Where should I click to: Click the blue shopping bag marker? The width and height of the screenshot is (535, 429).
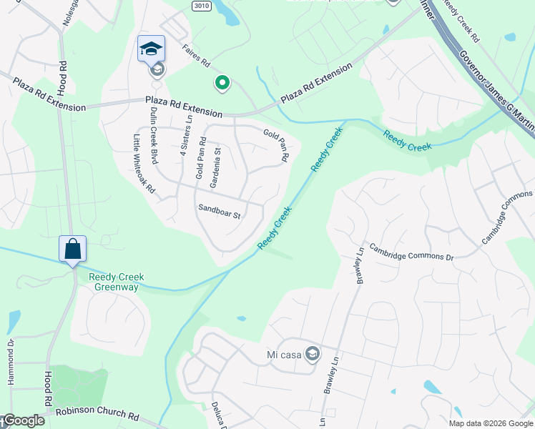click(72, 250)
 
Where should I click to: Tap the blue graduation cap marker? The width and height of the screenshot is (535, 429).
click(151, 49)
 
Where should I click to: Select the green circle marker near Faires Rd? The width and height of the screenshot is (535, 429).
click(222, 84)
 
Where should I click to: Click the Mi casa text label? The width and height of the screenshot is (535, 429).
click(281, 353)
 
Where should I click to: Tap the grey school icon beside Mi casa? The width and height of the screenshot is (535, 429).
click(312, 353)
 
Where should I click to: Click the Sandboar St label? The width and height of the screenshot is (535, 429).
click(219, 211)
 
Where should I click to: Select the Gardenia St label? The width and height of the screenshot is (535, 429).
click(215, 165)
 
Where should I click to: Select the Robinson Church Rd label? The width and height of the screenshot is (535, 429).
click(97, 414)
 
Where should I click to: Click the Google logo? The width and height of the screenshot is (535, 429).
click(23, 420)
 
